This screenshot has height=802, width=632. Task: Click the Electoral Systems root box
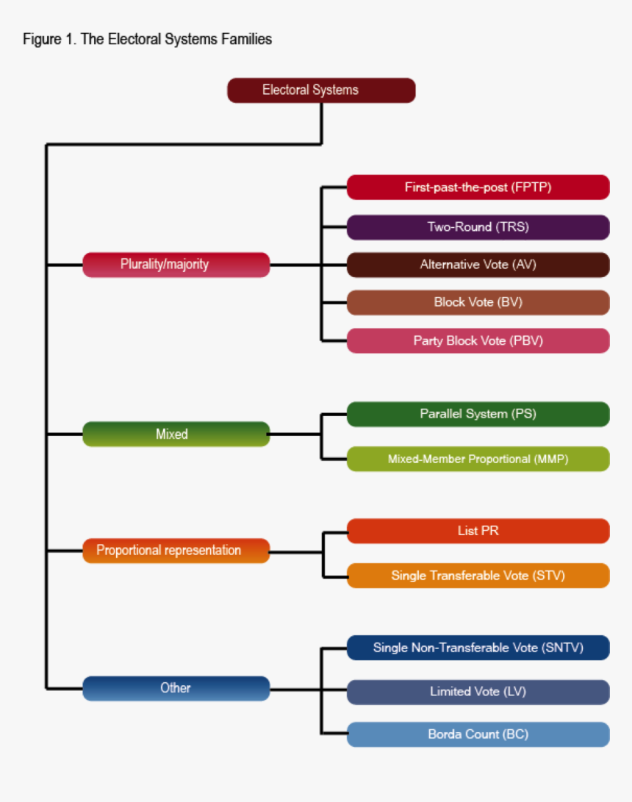click(321, 90)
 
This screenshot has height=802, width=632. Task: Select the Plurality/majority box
click(176, 265)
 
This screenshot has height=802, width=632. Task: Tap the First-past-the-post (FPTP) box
click(478, 187)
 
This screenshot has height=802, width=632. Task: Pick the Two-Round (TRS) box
click(478, 227)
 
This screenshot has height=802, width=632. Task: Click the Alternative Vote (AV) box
click(478, 265)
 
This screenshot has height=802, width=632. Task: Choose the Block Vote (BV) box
click(478, 302)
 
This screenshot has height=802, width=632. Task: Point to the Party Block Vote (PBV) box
click(478, 341)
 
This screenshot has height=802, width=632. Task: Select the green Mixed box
click(176, 434)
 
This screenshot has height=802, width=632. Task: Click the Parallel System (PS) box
click(478, 415)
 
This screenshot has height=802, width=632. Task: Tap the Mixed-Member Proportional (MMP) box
click(478, 459)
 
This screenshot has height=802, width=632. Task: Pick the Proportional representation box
click(176, 551)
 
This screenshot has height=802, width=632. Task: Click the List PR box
click(478, 531)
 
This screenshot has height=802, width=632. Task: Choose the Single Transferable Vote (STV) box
click(478, 576)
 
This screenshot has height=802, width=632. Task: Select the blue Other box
click(176, 689)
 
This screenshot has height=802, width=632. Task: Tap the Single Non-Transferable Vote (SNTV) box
click(478, 648)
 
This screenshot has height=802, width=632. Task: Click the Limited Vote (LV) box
click(478, 692)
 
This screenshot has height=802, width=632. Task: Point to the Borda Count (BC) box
click(478, 734)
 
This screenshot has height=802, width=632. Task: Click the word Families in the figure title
click(246, 40)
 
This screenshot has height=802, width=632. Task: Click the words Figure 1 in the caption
click(48, 40)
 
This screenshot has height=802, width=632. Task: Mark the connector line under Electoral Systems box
click(322, 123)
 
